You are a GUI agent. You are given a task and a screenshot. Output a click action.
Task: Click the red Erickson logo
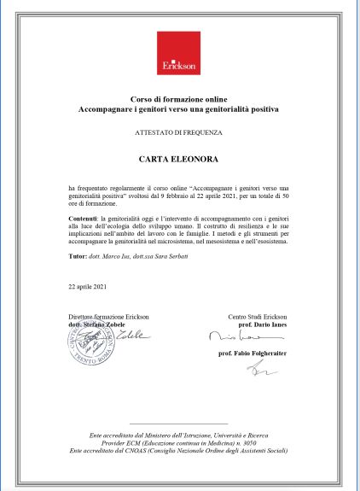[x=179, y=54]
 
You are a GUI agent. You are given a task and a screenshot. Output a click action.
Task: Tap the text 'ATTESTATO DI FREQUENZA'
[x=179, y=134]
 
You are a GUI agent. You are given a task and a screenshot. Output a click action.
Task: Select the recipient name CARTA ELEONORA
[x=179, y=160]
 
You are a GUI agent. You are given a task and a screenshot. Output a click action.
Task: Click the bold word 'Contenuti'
[x=84, y=219]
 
